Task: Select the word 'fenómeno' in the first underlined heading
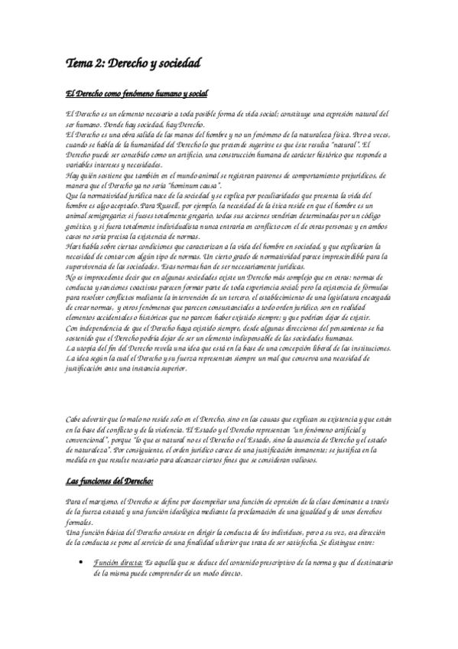pos(123,94)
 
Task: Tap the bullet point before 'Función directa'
pos(82,563)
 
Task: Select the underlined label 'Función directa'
pos(115,563)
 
